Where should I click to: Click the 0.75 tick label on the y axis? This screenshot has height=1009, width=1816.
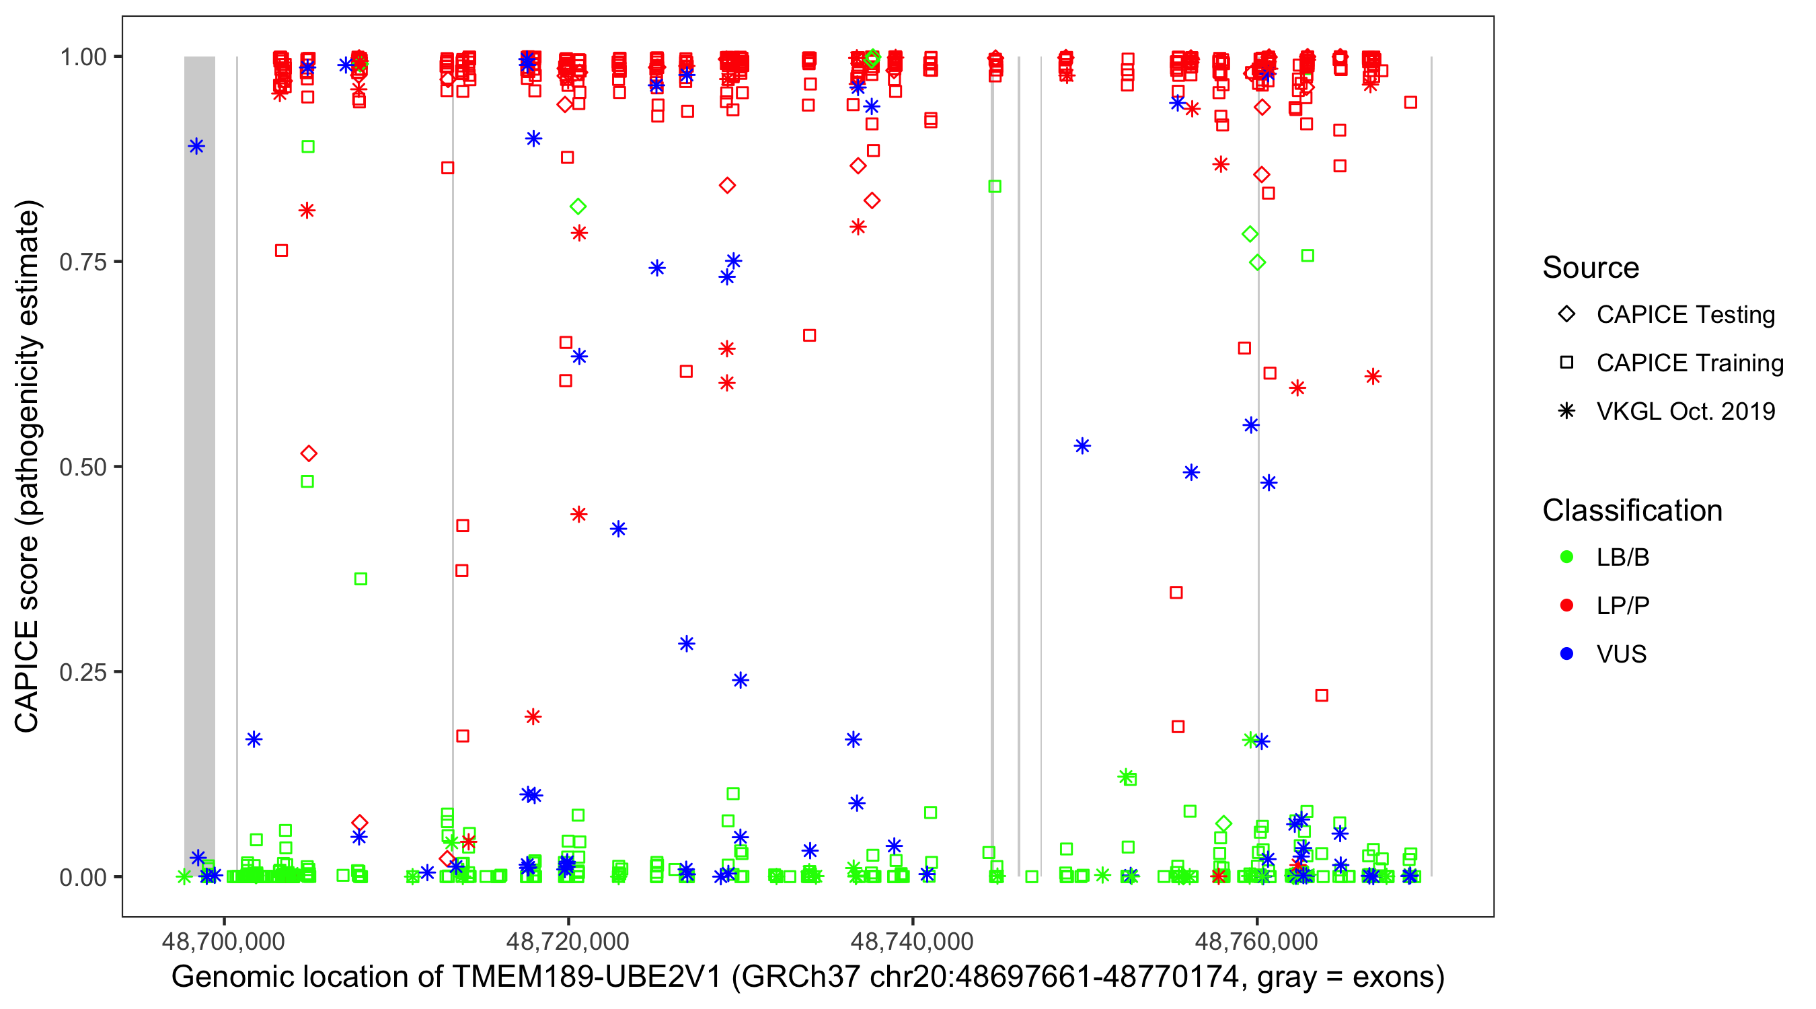point(82,262)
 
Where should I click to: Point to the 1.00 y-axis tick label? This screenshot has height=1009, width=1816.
point(82,57)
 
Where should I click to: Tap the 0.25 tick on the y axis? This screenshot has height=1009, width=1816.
point(82,672)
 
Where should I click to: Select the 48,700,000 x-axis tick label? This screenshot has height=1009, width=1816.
point(223,941)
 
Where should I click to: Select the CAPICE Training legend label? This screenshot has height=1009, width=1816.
point(1690,363)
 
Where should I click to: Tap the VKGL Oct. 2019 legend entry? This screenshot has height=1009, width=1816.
point(1685,412)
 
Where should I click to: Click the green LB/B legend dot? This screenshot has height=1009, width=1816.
point(1566,558)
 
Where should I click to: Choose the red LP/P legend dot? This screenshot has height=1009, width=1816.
point(1566,605)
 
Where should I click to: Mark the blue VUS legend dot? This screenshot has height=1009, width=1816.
point(1566,655)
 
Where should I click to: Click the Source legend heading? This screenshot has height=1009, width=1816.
point(1591,268)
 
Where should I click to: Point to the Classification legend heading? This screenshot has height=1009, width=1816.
point(1632,511)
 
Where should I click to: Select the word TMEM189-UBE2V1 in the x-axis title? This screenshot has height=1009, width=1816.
point(587,977)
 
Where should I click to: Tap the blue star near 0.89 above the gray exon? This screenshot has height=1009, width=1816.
point(196,147)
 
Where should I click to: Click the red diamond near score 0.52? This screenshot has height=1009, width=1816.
point(309,453)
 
